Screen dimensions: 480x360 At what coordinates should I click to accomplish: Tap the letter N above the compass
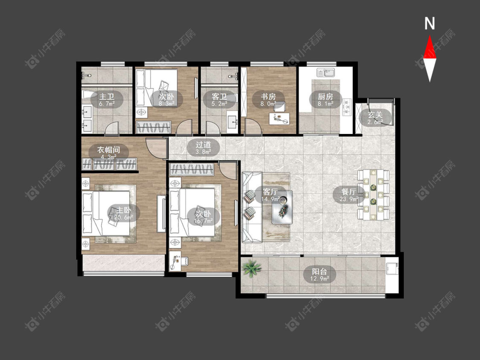coord(430,23)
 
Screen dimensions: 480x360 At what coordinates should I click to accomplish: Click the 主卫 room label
coord(107,97)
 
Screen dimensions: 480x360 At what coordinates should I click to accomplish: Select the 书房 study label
coord(268,97)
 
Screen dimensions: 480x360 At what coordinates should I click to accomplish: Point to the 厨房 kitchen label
coord(325,97)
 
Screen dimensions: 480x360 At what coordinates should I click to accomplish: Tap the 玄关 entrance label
coord(375,115)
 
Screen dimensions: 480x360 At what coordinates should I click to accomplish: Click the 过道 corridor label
coord(203,144)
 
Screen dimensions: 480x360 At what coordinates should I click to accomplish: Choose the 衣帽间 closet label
coord(108,150)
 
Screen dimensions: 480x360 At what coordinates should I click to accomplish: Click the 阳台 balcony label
coord(319,272)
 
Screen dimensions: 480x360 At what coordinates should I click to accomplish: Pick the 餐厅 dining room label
coord(349,192)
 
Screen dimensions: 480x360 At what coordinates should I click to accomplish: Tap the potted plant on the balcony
coord(252,268)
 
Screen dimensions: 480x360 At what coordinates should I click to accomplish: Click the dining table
coord(373,195)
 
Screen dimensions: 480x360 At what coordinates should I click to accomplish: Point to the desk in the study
coord(279,119)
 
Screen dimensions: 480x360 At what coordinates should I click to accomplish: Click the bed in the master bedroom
coord(106,213)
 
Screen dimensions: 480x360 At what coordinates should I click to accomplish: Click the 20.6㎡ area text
coord(124,218)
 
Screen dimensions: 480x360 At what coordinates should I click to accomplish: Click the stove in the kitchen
coord(347,107)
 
